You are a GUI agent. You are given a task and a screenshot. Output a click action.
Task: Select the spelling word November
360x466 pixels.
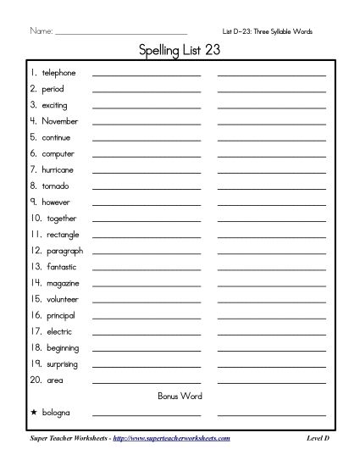(x=59, y=121)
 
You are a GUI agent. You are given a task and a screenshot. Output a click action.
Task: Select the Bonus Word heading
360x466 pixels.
(x=180, y=396)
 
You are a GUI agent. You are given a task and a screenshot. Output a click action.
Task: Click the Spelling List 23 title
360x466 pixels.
(x=180, y=51)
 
